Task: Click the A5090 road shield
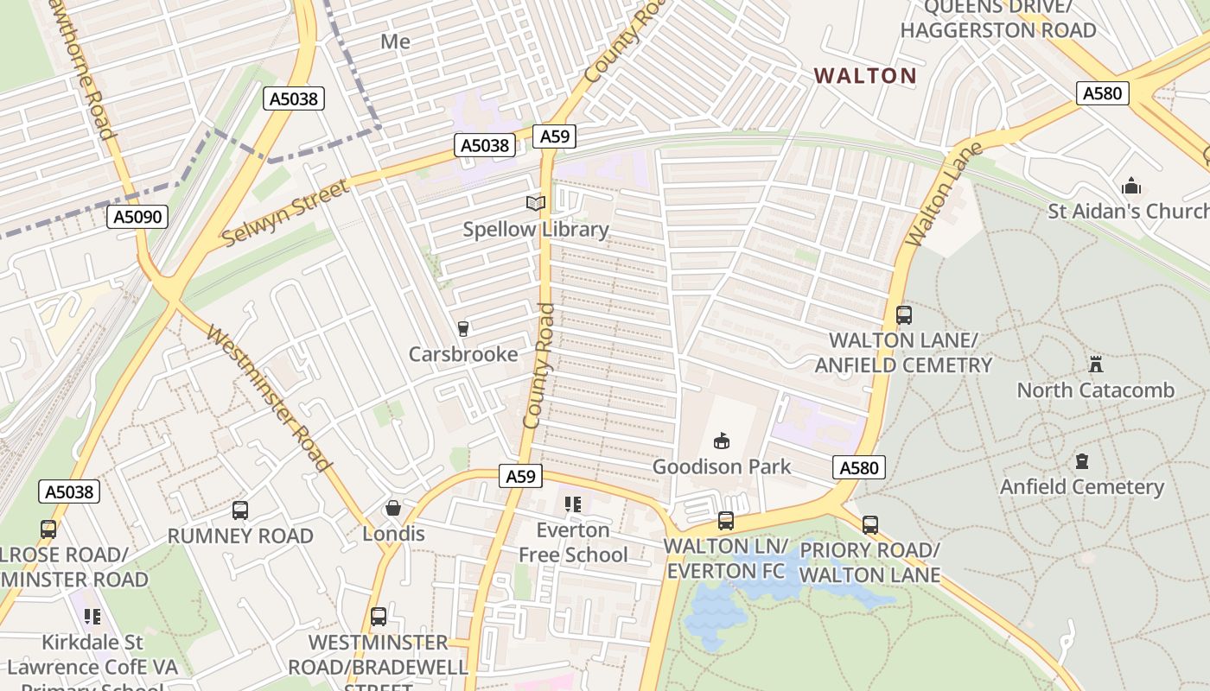(x=138, y=217)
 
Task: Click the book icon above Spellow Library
(x=536, y=204)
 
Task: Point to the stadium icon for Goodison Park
(x=722, y=441)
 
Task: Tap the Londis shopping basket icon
(x=393, y=508)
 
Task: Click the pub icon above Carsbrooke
(x=463, y=328)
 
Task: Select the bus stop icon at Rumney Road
(x=240, y=510)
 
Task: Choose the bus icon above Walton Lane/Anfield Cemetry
(x=904, y=315)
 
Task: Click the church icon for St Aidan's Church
(x=1131, y=187)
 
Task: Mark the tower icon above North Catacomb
(x=1096, y=364)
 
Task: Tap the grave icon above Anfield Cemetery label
(x=1082, y=461)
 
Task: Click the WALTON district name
(x=865, y=76)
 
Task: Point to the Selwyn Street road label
(x=285, y=212)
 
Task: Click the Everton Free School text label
(x=573, y=542)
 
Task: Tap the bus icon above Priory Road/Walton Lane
(x=870, y=524)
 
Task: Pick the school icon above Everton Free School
(x=573, y=504)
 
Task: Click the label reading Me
(x=395, y=41)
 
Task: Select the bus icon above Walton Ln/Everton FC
(x=726, y=521)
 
